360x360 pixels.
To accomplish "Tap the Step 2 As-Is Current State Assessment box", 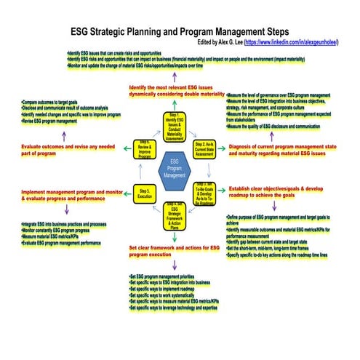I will (x=204, y=149).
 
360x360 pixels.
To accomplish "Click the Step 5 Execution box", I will (x=143, y=191).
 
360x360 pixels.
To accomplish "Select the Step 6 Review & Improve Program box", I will (x=144, y=148).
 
